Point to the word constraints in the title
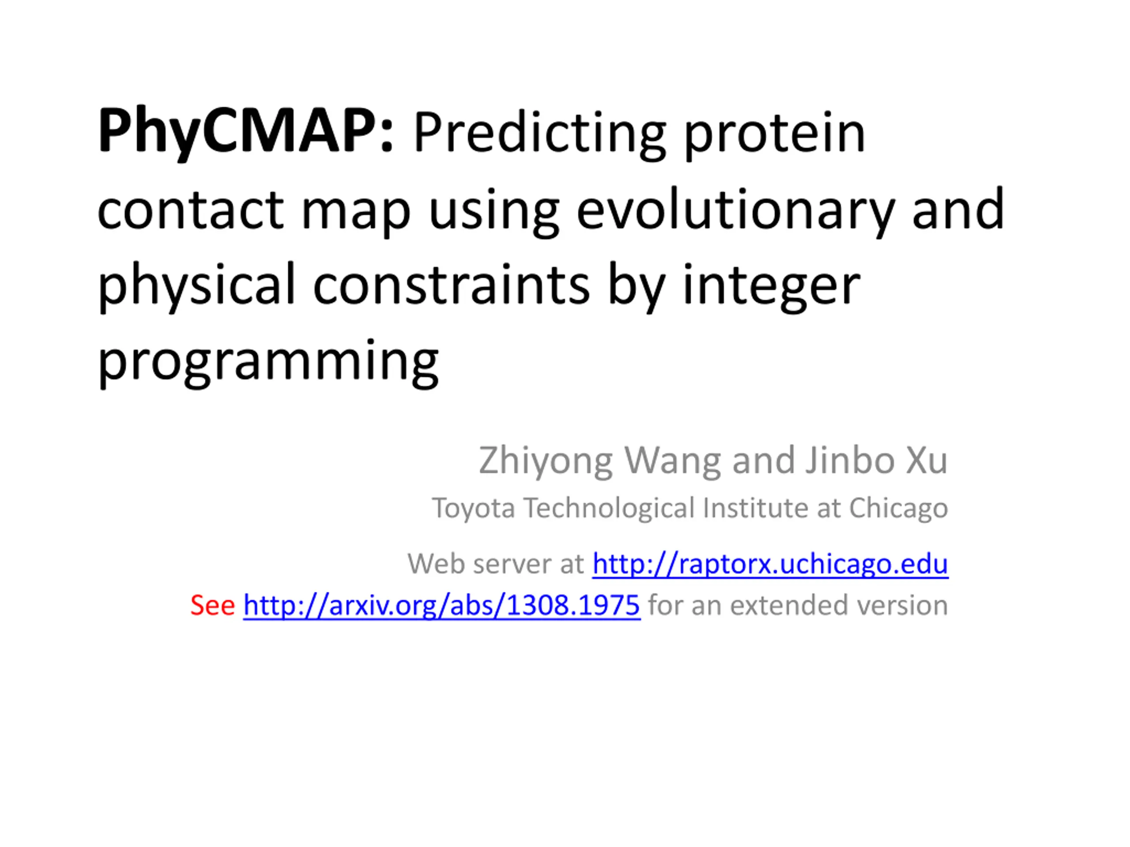pos(452,286)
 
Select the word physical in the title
pos(197,286)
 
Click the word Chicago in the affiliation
pos(899,509)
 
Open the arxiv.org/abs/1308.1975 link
pos(442,606)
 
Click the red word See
pos(212,606)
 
